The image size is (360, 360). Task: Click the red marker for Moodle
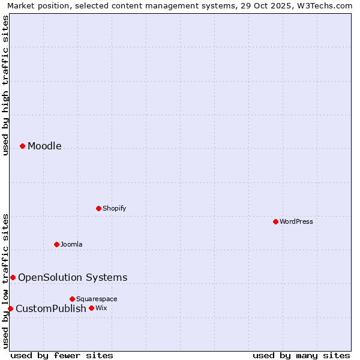[x=22, y=146]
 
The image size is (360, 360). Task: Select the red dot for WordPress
[x=275, y=221]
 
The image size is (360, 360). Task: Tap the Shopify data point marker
[x=98, y=208]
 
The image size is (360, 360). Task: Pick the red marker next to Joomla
[x=56, y=244]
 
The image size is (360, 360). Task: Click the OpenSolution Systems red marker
[x=13, y=277]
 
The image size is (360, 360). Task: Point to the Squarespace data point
[x=72, y=299]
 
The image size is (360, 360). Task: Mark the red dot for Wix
[x=91, y=308]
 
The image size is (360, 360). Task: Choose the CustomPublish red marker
[x=10, y=308]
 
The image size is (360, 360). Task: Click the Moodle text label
[x=44, y=146]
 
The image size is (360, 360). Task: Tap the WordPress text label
[x=296, y=221]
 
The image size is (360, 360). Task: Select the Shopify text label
[x=114, y=208]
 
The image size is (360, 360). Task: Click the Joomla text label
[x=71, y=244]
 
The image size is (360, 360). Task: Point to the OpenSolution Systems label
[x=73, y=277]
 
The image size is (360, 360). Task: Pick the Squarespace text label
[x=97, y=299]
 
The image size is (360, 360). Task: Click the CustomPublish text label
[x=51, y=308]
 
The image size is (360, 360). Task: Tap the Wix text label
[x=101, y=308]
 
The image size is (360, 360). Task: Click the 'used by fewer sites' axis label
[x=62, y=355]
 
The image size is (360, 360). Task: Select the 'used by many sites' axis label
[x=301, y=355]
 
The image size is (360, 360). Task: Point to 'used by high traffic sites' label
[x=5, y=85]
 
